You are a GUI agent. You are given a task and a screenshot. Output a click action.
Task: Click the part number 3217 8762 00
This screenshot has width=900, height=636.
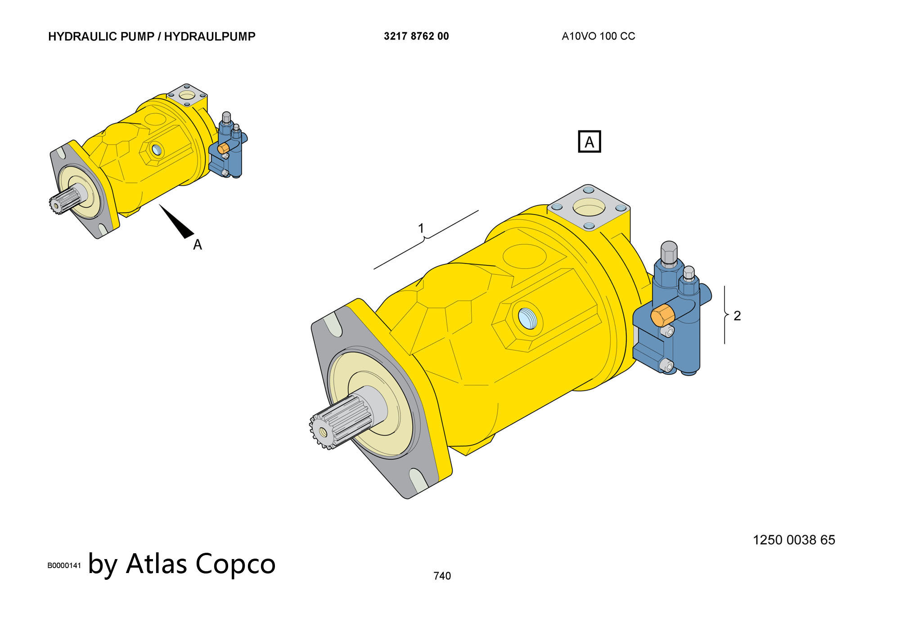pos(416,36)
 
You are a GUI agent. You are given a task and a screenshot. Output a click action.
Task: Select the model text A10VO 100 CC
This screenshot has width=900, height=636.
pos(598,36)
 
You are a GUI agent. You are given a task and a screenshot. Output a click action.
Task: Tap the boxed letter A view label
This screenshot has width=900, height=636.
pos(589,142)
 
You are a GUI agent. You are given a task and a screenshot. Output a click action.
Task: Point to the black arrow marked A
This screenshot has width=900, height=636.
pos(176,221)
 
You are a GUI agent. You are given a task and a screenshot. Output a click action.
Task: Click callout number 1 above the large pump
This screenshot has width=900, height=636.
pos(421,228)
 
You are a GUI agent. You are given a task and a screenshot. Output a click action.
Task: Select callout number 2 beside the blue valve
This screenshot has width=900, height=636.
pos(737,316)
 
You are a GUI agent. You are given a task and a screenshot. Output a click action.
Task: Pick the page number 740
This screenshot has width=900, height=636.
pos(442,576)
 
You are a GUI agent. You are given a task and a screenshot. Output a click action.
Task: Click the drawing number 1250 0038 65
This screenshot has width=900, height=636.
pos(794,540)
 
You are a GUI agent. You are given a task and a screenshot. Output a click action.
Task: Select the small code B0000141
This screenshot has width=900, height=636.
pos(64,565)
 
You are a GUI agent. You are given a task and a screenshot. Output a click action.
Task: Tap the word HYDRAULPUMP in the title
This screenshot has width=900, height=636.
pos(210,36)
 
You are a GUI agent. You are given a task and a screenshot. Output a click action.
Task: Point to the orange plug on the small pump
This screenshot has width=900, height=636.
pos(223,148)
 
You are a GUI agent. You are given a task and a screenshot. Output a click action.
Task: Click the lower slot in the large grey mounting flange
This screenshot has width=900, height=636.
pos(419,479)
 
